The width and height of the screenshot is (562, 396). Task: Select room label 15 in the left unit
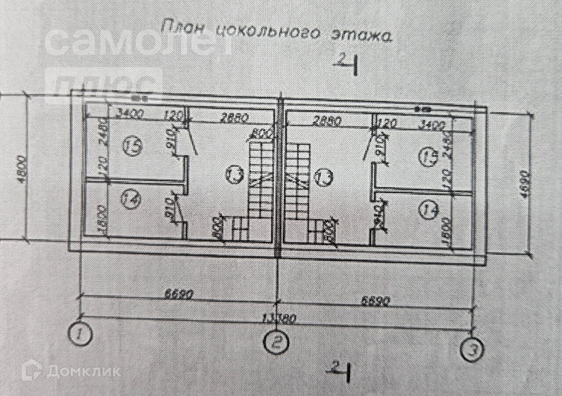click(133, 146)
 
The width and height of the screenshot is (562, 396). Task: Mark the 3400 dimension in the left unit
click(130, 115)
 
